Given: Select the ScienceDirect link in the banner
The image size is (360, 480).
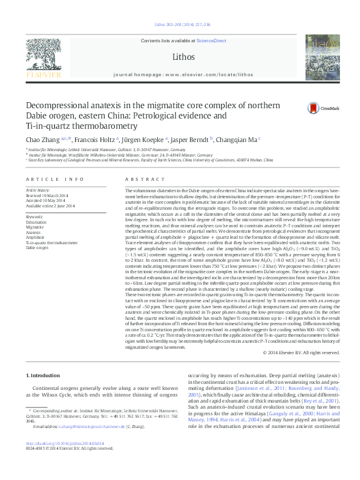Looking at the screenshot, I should point(212,41).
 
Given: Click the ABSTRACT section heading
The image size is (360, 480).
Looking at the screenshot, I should point(140,180).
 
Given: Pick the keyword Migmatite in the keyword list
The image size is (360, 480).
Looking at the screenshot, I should point(36,227).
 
